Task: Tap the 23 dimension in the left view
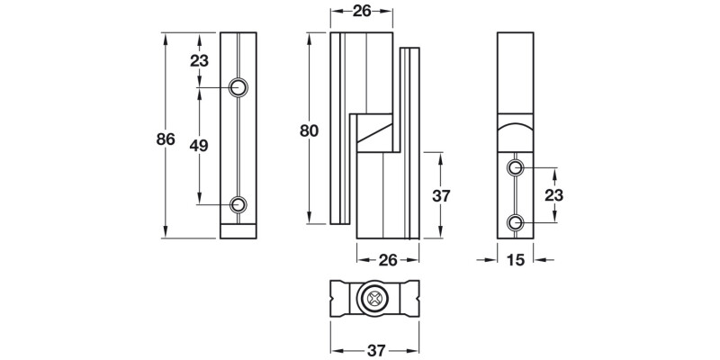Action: [x=200, y=60]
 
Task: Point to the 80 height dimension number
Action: [x=310, y=130]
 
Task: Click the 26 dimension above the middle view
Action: [x=362, y=12]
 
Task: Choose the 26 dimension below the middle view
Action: [x=388, y=260]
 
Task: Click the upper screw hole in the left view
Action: [x=238, y=87]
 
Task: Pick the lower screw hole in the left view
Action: [x=238, y=204]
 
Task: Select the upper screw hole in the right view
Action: [x=514, y=168]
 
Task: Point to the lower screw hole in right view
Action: [x=514, y=222]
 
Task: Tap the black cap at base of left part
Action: [x=238, y=232]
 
